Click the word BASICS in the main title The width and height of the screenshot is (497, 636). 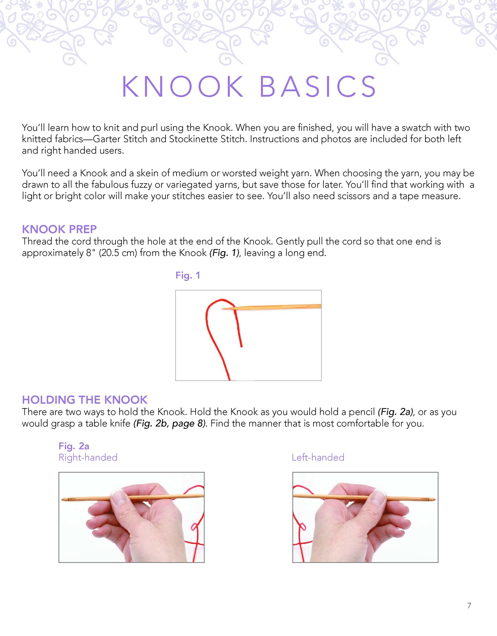pyautogui.click(x=318, y=87)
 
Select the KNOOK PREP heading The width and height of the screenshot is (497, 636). pyautogui.click(x=59, y=229)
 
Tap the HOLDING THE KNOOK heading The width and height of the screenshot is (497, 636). pyautogui.click(x=85, y=400)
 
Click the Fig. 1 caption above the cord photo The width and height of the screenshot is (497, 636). pyautogui.click(x=187, y=275)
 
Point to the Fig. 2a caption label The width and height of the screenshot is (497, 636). pyautogui.click(x=74, y=446)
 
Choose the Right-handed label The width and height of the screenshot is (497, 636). pyautogui.click(x=88, y=457)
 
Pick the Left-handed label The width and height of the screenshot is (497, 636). pyautogui.click(x=318, y=457)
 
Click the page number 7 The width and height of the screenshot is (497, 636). pyautogui.click(x=469, y=606)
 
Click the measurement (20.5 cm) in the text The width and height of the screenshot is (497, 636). pyautogui.click(x=118, y=253)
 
